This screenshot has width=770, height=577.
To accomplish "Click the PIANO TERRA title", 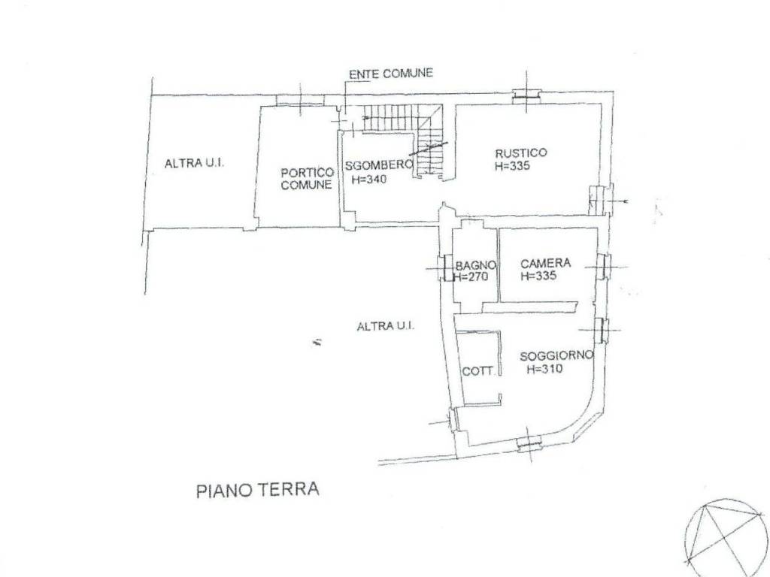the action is (258, 490).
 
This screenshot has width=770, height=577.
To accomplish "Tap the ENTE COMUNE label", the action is (391, 74).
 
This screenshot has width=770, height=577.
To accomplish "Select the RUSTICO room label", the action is (520, 153).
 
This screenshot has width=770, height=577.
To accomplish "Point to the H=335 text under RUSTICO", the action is (513, 166).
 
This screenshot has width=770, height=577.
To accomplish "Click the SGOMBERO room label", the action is (378, 165).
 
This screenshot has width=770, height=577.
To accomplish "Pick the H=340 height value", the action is (369, 179).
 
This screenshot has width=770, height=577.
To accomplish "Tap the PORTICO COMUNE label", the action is (308, 179).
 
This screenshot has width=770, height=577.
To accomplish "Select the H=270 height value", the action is (471, 276).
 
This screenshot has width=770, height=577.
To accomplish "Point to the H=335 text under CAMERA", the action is (538, 276).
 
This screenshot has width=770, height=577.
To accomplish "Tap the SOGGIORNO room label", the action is (557, 356).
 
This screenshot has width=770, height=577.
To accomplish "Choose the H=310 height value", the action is (544, 369).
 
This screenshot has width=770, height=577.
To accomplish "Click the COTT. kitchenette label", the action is (478, 371).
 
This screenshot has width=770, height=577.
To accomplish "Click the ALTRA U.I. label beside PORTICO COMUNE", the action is (195, 163).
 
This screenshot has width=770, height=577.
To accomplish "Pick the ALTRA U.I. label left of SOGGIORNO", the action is (386, 326).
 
